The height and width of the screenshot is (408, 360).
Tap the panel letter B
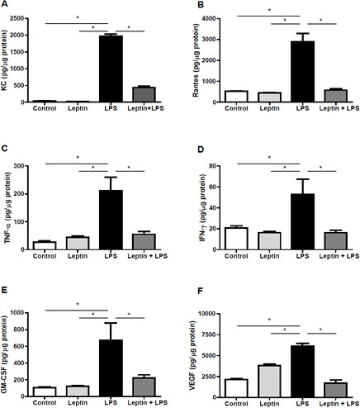tap(189, 7)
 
